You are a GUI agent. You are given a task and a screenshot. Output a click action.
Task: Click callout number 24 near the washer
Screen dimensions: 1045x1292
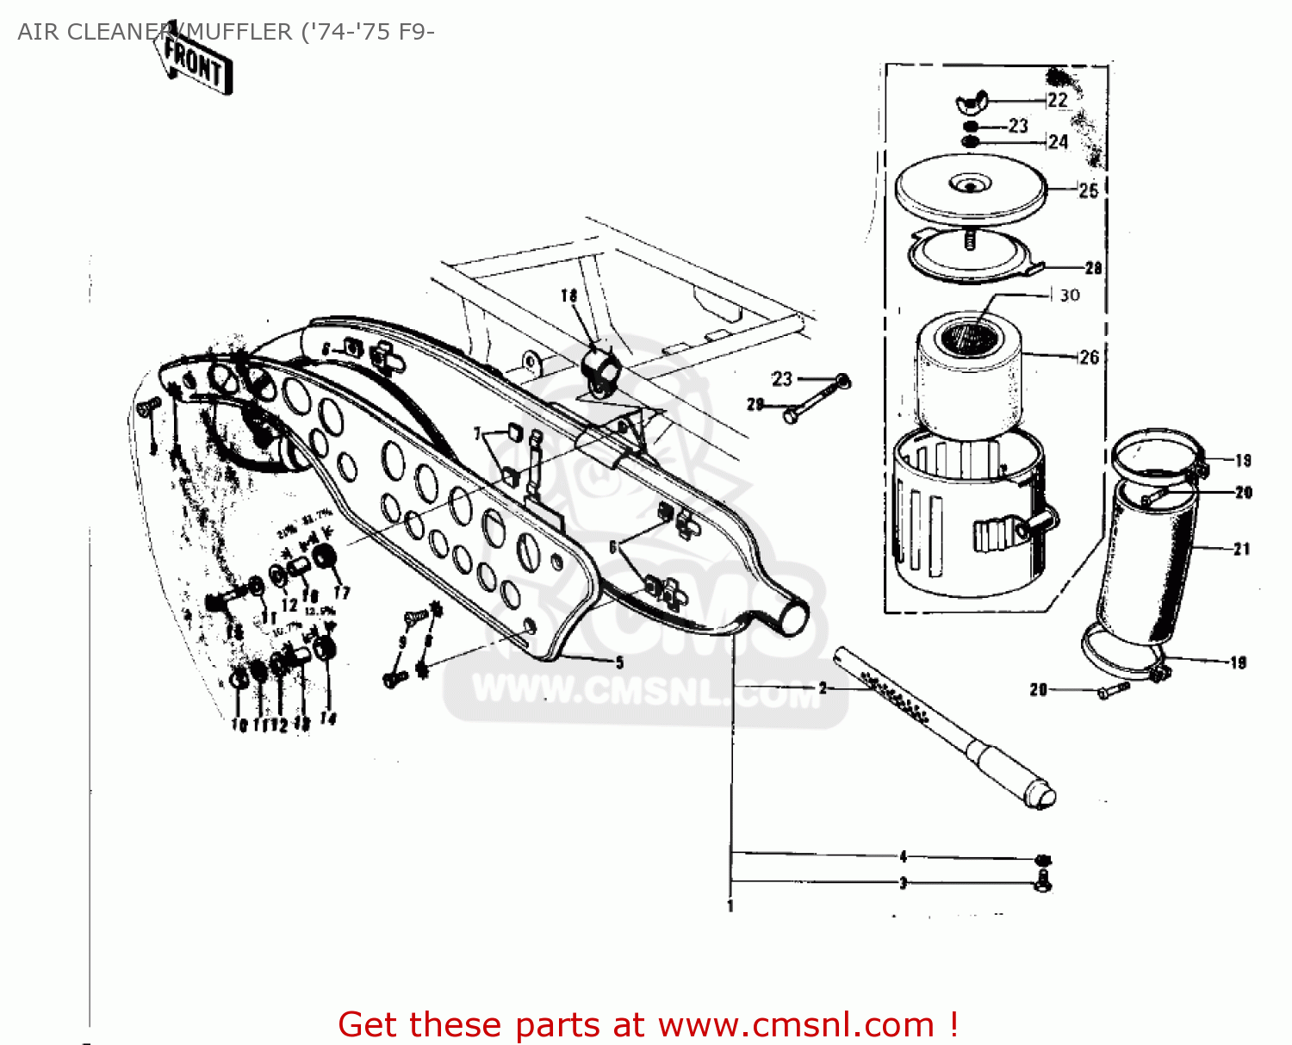click(x=1059, y=142)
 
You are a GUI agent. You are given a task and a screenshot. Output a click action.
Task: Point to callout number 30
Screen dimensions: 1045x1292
click(x=1070, y=295)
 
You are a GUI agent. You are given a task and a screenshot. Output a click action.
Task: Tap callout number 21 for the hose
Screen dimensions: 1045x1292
click(x=1241, y=549)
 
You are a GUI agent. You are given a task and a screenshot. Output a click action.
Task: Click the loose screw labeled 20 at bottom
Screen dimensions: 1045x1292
click(x=1112, y=690)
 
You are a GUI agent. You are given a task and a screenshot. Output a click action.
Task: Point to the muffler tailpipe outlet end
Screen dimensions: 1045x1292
click(x=793, y=617)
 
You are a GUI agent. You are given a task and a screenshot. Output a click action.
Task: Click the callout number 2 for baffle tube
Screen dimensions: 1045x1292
click(x=823, y=688)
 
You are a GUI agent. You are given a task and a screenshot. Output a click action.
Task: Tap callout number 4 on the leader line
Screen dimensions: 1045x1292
click(x=903, y=856)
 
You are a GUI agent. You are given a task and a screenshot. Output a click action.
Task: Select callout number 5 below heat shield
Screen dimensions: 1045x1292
click(x=619, y=662)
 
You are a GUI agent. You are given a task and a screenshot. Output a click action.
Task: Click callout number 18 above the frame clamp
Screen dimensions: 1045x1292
click(x=568, y=295)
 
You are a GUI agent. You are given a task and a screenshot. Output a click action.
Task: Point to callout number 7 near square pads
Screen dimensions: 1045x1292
click(x=477, y=434)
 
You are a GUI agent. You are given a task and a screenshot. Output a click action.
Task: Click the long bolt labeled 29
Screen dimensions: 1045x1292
click(x=813, y=399)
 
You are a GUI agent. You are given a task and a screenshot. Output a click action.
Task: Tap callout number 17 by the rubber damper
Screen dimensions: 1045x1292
click(x=342, y=593)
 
